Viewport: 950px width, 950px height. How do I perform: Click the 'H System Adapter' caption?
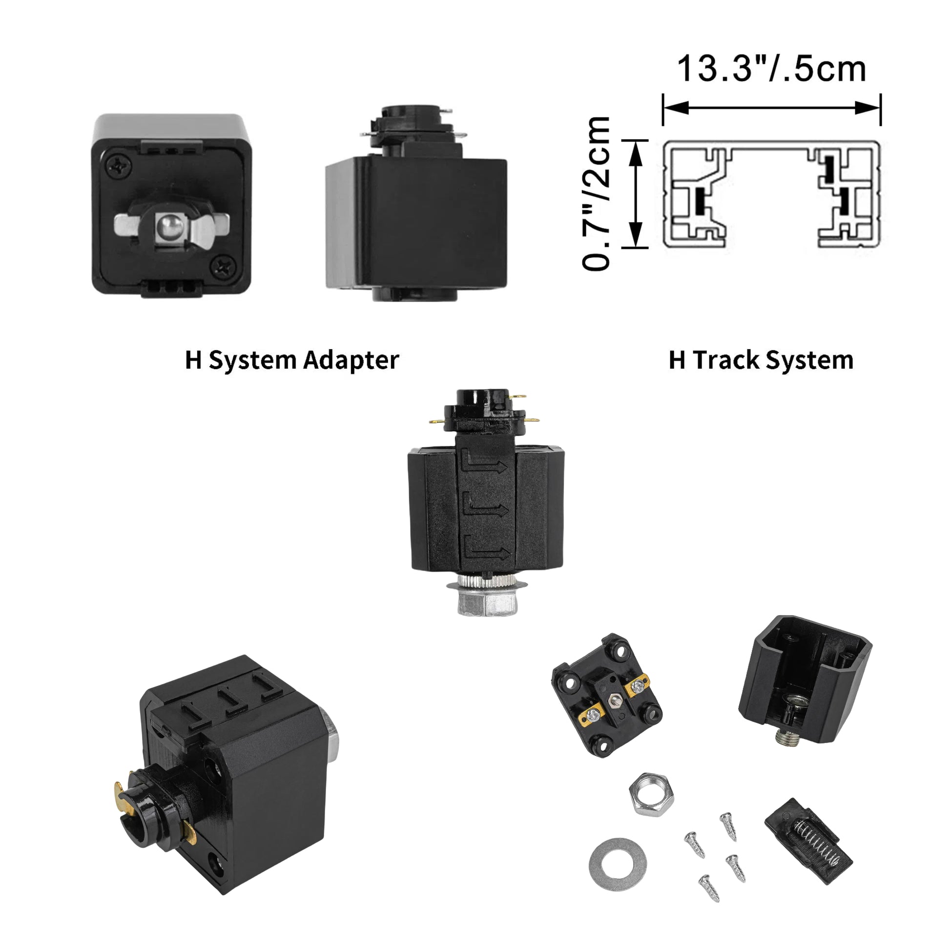pos(291,360)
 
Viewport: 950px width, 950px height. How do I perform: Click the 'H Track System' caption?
pos(761,360)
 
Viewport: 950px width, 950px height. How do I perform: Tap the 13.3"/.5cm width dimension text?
pos(771,69)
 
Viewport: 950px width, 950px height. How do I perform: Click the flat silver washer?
pos(618,864)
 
